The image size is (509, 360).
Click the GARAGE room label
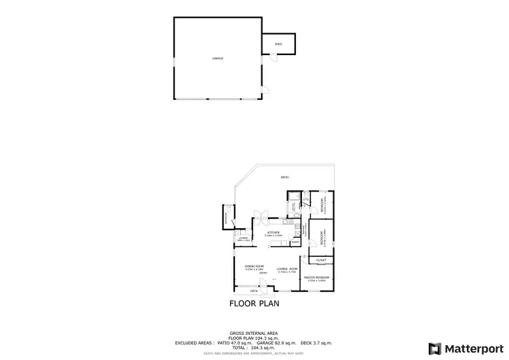(217, 58)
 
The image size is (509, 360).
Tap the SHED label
(278, 44)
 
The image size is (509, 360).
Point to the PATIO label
(285, 178)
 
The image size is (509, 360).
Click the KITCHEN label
(273, 233)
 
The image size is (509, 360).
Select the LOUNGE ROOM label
(288, 269)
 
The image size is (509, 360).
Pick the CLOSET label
(322, 260)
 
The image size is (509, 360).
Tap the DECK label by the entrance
(253, 291)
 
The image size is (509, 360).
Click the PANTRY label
(295, 242)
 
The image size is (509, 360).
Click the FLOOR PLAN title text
(254, 304)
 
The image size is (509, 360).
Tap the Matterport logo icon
(434, 348)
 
